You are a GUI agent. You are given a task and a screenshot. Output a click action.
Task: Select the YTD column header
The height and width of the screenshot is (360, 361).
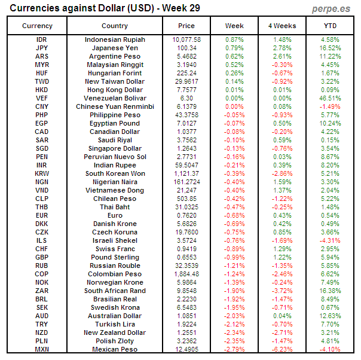(330, 26)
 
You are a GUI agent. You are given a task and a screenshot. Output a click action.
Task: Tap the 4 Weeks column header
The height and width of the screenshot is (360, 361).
(282, 26)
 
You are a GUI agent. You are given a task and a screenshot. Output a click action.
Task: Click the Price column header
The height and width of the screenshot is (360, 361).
(186, 26)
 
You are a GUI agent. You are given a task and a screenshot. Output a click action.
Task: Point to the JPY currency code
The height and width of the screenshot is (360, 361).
(42, 48)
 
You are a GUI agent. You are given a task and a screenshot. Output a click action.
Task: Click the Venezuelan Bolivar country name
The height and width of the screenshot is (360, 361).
(115, 98)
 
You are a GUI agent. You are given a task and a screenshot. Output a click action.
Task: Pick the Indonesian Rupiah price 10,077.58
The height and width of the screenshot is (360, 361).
(186, 39)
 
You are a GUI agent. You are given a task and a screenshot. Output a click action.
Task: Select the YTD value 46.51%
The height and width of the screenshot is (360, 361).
(330, 98)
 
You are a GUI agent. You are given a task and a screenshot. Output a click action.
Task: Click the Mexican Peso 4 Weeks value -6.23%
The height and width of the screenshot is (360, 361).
(282, 349)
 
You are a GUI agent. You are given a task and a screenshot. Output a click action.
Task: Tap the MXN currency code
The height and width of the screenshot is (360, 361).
(42, 349)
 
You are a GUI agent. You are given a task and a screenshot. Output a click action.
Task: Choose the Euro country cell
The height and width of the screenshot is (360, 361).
(115, 215)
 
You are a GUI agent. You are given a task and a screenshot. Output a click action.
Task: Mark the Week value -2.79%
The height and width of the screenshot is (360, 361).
(234, 349)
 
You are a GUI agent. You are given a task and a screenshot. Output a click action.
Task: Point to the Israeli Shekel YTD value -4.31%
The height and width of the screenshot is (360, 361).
(330, 240)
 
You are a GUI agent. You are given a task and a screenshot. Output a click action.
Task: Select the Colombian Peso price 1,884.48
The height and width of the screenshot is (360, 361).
(186, 274)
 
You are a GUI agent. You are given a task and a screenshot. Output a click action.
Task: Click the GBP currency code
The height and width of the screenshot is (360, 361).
(42, 257)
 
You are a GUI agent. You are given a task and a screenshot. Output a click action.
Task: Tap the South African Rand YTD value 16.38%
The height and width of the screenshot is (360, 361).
(330, 291)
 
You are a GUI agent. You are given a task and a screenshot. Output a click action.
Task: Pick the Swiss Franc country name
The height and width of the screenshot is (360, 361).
(115, 249)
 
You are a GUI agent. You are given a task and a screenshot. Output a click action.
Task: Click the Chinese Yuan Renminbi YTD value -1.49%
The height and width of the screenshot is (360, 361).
(330, 106)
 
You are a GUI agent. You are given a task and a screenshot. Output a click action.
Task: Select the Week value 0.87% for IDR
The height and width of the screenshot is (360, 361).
(234, 39)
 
